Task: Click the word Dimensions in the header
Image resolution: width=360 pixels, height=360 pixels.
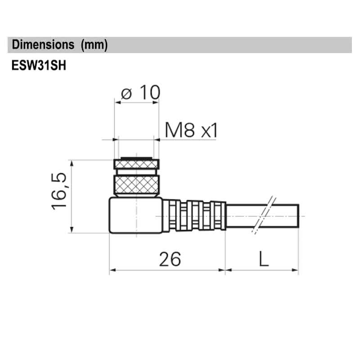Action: tap(43, 45)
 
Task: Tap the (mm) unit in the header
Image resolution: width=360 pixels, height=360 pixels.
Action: tap(94, 45)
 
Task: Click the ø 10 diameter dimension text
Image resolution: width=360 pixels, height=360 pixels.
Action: tap(140, 93)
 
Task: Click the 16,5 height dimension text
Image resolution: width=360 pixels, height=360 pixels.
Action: tap(59, 191)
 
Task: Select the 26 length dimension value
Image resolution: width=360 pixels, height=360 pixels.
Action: tap(170, 259)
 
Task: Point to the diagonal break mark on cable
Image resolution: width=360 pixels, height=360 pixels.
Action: tap(263, 215)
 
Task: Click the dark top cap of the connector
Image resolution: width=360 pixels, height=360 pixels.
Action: tap(136, 163)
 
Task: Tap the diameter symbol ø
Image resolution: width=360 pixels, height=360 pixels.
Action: tap(126, 94)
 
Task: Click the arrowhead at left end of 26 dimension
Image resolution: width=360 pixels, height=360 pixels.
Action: tap(112, 270)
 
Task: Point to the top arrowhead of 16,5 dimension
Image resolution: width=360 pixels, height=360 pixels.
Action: tap(72, 162)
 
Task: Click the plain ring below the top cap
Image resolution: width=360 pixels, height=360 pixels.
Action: tap(136, 172)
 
